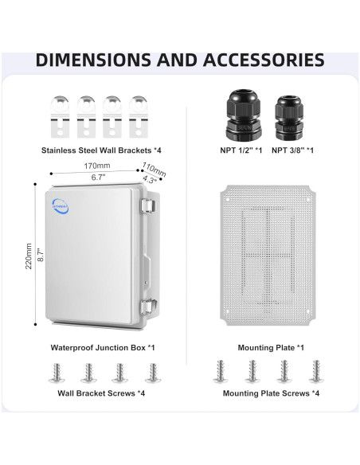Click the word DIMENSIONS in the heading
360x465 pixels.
pos(93,60)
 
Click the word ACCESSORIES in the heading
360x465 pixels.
pos(264,60)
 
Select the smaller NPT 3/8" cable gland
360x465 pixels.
pos(289,117)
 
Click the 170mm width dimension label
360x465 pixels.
pos(96,166)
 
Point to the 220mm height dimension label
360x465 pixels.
pos(29,256)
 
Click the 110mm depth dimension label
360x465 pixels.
pos(154,170)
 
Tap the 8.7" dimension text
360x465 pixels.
pos(41,255)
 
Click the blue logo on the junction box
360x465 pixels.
pos(61,205)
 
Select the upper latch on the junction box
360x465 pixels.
pos(148,205)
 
